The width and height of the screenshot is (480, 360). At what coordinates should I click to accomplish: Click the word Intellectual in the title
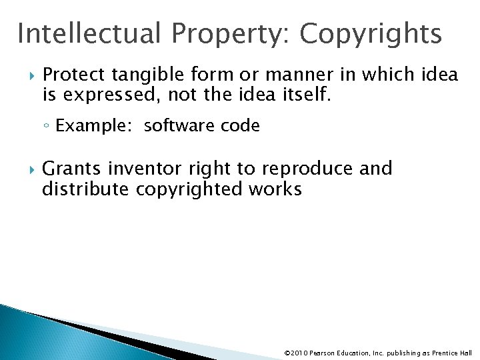90,33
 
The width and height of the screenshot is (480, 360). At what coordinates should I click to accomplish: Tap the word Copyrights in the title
371,33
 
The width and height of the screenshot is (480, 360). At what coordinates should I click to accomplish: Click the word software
175,125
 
